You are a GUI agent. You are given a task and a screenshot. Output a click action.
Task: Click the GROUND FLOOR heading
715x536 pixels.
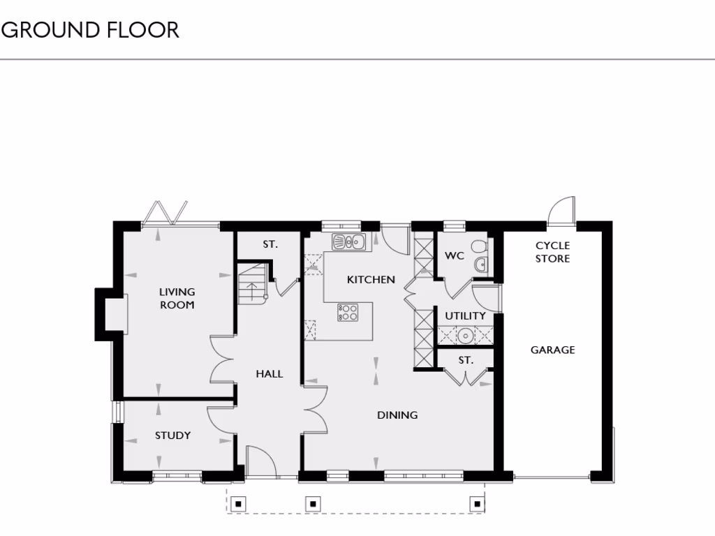(91, 30)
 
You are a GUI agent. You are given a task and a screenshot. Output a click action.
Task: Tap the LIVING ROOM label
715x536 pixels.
(177, 298)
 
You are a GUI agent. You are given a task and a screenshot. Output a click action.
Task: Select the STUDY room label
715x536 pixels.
(172, 435)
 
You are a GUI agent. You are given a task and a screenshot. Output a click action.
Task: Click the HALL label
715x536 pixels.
(269, 374)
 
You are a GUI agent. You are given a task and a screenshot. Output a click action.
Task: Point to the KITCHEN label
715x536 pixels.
(371, 279)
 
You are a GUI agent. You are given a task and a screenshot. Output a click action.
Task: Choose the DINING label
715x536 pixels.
(397, 415)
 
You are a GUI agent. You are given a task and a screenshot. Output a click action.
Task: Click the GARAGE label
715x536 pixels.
(552, 350)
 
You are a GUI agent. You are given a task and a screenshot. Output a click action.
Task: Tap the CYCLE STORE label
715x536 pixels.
(552, 252)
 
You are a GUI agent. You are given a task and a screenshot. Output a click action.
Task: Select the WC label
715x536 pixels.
(455, 255)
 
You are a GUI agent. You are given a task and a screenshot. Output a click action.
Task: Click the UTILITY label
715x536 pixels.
(465, 315)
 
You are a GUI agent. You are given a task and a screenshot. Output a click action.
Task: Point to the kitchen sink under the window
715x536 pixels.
(348, 243)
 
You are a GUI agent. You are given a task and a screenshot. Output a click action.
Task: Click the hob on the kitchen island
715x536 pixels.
(348, 312)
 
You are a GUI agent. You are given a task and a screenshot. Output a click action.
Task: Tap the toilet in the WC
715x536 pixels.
(479, 247)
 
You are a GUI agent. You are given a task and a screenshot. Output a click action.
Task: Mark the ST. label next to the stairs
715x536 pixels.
(270, 244)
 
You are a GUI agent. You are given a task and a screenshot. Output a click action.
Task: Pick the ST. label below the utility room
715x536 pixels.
(466, 360)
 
